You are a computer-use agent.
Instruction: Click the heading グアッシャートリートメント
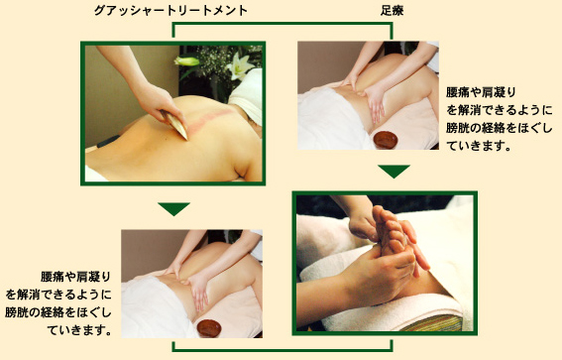pos(170,10)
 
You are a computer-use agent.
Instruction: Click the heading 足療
pos(393,11)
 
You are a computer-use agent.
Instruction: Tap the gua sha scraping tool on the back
pos(174,124)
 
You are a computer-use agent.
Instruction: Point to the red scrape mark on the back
pos(208,120)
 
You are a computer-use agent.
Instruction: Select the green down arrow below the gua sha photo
pos(173,209)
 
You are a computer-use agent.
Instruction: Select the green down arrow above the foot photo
pos(393,172)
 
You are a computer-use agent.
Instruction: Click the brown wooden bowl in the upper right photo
pos(386,140)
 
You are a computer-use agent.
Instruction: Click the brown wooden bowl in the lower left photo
pos(209,328)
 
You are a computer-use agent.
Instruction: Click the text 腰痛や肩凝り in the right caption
pos(481,92)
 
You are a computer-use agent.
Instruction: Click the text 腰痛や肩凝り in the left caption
pos(75,277)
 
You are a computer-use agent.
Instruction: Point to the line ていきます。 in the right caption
pos(478,146)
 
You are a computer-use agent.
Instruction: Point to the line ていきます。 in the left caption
pos(79,330)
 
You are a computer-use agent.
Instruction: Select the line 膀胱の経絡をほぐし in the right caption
pos(500,128)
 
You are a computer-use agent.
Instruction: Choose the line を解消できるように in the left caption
pos(58,295)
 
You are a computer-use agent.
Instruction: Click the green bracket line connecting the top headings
pos(282,24)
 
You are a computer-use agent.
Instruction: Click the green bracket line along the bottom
pos(282,350)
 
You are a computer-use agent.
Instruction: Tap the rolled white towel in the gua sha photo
pos(248,96)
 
